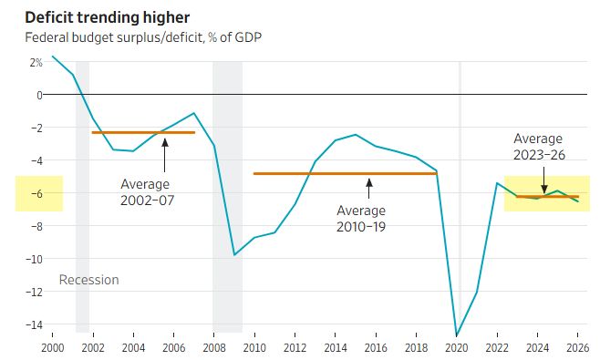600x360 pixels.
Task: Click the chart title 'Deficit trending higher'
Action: pyautogui.click(x=108, y=18)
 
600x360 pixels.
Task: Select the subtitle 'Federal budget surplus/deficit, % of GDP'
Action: pyautogui.click(x=143, y=37)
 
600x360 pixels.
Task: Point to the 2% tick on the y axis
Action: pyautogui.click(x=36, y=62)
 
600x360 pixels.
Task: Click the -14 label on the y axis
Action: pyautogui.click(x=35, y=324)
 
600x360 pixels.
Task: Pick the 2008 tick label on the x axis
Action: pyautogui.click(x=214, y=348)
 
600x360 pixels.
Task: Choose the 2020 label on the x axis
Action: pyautogui.click(x=457, y=348)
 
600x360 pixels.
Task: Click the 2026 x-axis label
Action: pyautogui.click(x=578, y=348)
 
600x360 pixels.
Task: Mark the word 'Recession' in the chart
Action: pyautogui.click(x=88, y=280)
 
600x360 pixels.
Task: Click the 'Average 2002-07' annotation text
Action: pyautogui.click(x=148, y=192)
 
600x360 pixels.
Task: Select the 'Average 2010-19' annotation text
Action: pyautogui.click(x=361, y=219)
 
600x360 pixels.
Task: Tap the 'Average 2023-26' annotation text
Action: pyautogui.click(x=539, y=147)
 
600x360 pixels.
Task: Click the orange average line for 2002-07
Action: pyautogui.click(x=143, y=133)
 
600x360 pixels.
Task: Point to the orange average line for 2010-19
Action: pyautogui.click(x=346, y=174)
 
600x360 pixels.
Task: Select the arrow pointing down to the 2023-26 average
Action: pyautogui.click(x=543, y=180)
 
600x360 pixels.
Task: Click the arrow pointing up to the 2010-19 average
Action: pyautogui.click(x=369, y=189)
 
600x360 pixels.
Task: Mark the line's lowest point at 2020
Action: pyautogui.click(x=457, y=335)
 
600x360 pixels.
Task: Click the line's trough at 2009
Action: pyautogui.click(x=234, y=255)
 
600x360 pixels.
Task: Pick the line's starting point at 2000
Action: pyautogui.click(x=52, y=57)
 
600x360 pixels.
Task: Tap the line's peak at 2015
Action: pyautogui.click(x=356, y=134)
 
